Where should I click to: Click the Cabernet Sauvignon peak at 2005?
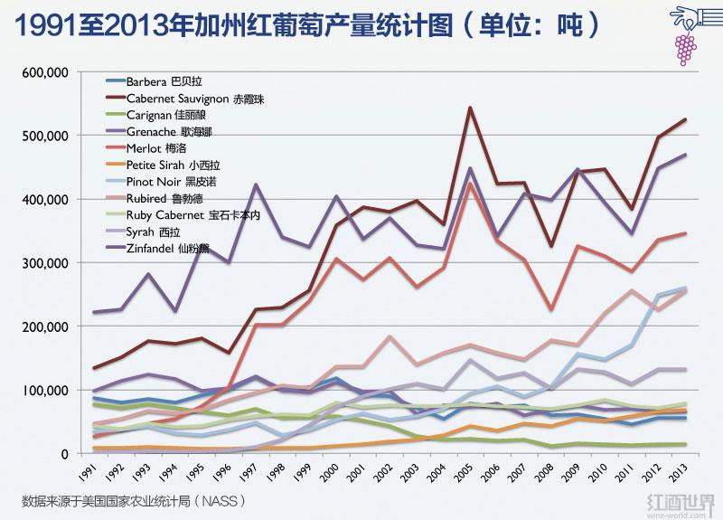[x=470, y=108]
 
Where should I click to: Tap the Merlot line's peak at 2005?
[x=470, y=184]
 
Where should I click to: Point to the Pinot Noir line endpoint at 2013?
[x=684, y=288]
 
